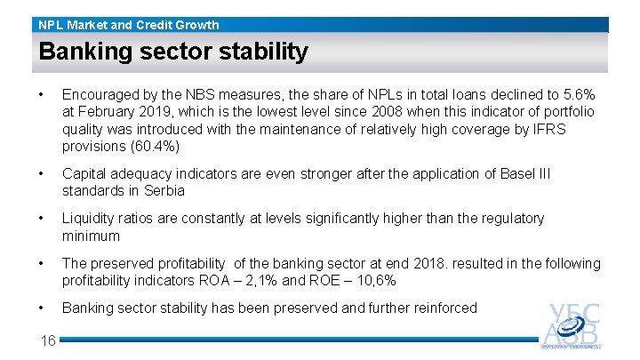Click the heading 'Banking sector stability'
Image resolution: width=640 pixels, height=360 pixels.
click(173, 52)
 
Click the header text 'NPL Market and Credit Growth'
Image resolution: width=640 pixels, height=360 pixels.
click(129, 25)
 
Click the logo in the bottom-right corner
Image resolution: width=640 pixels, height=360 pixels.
click(571, 327)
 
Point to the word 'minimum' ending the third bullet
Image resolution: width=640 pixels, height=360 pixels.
click(91, 236)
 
